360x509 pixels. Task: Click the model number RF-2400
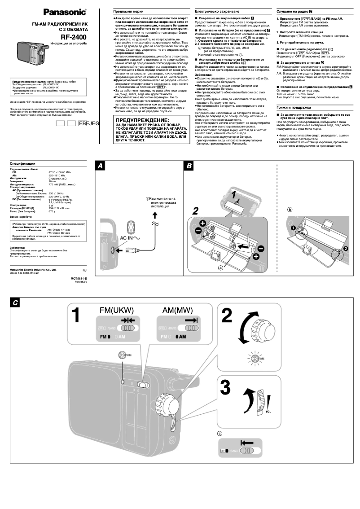click(x=74, y=37)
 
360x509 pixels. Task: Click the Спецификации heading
click(x=22, y=164)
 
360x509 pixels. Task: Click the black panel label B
click(x=189, y=166)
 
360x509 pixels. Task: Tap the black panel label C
click(x=16, y=303)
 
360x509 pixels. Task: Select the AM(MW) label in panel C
click(x=177, y=310)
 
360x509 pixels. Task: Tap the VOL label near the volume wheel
click(x=269, y=411)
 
